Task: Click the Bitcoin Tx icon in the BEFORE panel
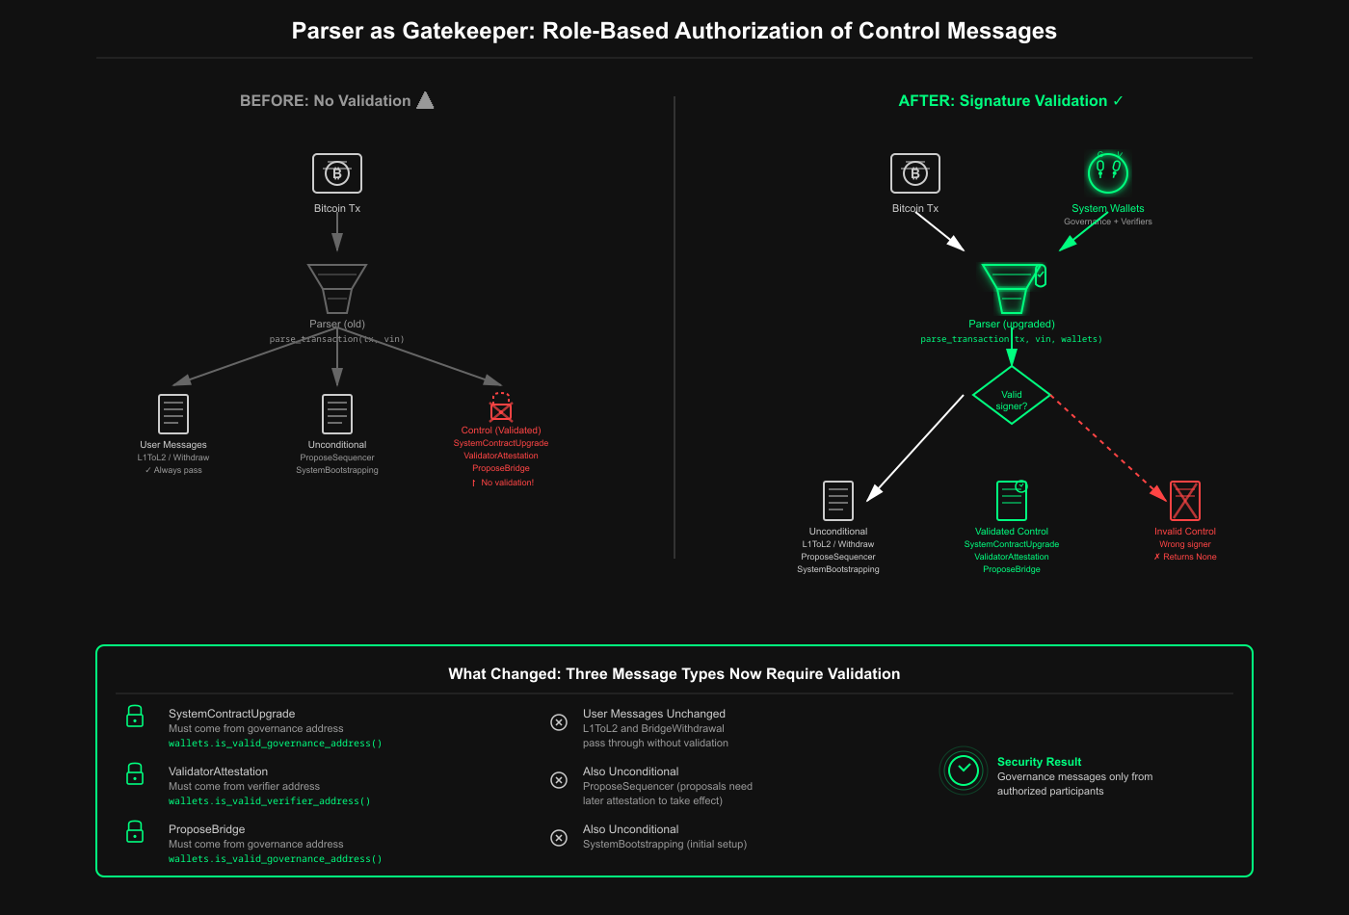coord(337,173)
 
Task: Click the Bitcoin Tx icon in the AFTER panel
coord(915,173)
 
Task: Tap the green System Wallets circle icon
coord(1108,173)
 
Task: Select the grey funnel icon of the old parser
coord(337,288)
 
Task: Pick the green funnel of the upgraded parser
coord(1012,288)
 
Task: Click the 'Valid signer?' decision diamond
coord(1012,396)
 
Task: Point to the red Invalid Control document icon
coord(1185,501)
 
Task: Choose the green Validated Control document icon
coord(1012,501)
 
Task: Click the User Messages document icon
coord(173,414)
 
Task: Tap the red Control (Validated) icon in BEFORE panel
coord(501,408)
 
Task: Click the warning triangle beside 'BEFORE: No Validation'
coord(425,100)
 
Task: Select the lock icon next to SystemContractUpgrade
coord(135,717)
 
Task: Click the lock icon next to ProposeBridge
coord(135,832)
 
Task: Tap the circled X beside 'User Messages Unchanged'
coord(559,722)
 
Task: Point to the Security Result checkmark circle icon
coord(964,771)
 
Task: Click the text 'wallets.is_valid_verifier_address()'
coord(270,801)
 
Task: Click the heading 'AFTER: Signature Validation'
coord(1003,101)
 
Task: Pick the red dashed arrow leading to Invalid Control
coord(1108,448)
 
